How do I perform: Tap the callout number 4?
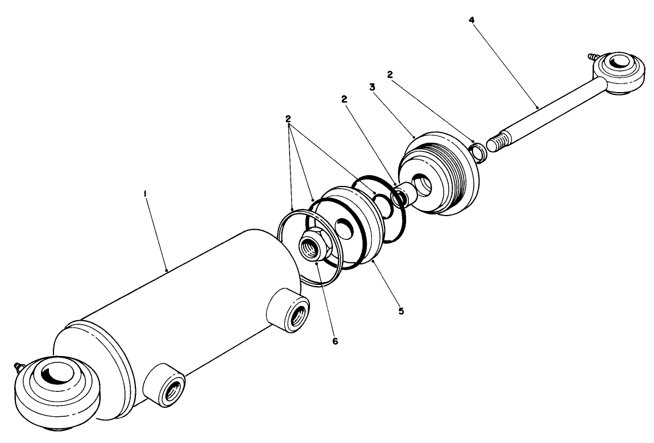click(471, 20)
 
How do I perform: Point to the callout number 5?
click(401, 311)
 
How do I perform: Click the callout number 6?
click(335, 341)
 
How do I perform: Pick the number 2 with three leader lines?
click(288, 119)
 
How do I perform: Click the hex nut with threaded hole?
click(313, 246)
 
